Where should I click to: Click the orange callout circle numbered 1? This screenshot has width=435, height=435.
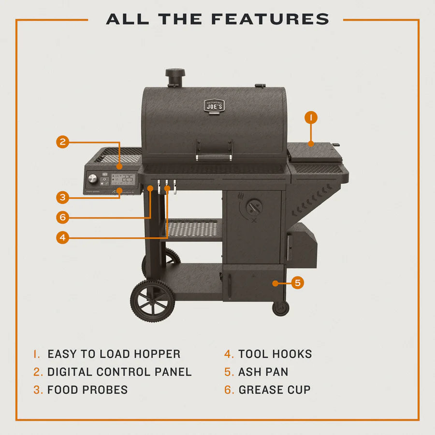tap(311, 117)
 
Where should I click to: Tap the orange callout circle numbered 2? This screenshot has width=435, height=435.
tap(62, 142)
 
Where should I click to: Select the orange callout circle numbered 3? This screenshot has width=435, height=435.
tap(62, 197)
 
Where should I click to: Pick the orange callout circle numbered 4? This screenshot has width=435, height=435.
tap(62, 237)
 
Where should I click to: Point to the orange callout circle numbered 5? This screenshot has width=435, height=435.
tap(298, 283)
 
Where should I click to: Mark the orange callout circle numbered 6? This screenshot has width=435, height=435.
tap(62, 217)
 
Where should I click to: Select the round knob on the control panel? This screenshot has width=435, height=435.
tap(92, 179)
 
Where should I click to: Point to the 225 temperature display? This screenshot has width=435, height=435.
tap(127, 178)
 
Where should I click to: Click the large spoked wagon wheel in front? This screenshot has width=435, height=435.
tap(152, 300)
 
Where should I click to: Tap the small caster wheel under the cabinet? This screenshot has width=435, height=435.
tap(280, 308)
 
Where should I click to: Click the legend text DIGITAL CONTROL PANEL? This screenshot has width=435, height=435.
tap(119, 372)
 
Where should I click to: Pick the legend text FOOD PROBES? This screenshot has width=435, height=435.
tap(87, 390)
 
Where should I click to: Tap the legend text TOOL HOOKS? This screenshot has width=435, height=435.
tap(275, 354)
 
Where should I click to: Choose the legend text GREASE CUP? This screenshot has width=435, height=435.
tap(275, 390)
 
